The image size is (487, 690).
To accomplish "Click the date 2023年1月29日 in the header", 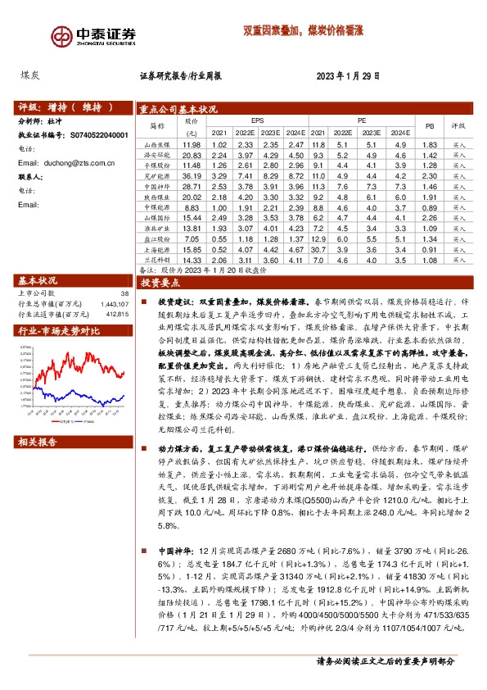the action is click(348, 75).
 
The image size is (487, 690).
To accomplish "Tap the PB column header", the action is click(430, 126).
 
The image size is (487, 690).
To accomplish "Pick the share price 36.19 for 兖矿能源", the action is click(192, 176).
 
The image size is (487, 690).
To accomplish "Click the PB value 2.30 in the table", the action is click(430, 176).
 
